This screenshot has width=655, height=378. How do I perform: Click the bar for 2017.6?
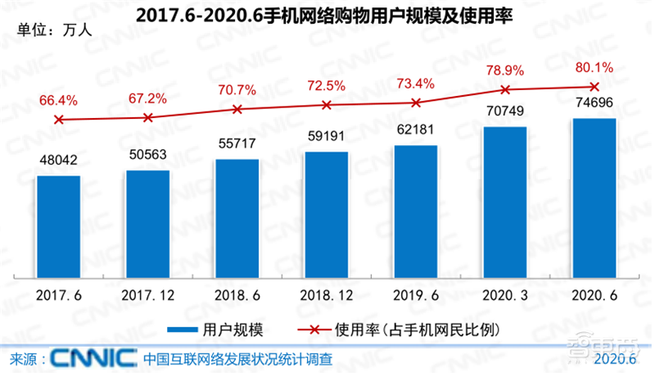click(58, 226)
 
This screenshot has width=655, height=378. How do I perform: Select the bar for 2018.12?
click(327, 214)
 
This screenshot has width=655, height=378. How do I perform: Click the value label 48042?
click(57, 162)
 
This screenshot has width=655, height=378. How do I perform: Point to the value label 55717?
click(237, 144)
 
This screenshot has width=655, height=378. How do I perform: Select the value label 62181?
click(416, 131)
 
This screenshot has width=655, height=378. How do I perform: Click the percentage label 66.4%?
click(58, 101)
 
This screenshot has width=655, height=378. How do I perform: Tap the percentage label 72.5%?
click(327, 85)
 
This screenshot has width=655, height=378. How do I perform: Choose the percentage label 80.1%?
click(594, 67)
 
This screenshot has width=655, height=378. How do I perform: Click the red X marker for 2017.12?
click(148, 117)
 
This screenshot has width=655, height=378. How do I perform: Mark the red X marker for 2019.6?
click(416, 102)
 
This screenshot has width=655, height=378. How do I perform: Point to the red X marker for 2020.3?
click(505, 89)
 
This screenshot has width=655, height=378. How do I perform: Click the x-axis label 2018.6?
click(237, 292)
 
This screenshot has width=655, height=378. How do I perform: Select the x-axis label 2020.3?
click(505, 292)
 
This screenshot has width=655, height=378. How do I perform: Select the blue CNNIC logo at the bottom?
click(93, 359)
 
